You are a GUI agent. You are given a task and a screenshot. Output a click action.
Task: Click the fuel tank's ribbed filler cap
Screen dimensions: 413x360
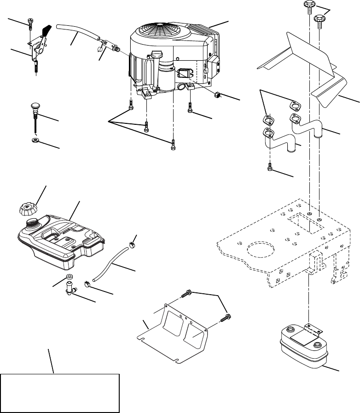(x=28, y=209)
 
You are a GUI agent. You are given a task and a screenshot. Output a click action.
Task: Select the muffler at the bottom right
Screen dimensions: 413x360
(x=303, y=348)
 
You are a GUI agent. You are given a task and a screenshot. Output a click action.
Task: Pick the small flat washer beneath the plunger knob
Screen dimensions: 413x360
(x=35, y=139)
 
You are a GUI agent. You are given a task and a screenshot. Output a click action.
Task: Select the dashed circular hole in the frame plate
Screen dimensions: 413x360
(x=262, y=251)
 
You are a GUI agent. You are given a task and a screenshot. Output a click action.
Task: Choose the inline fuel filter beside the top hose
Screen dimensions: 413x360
(x=109, y=45)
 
